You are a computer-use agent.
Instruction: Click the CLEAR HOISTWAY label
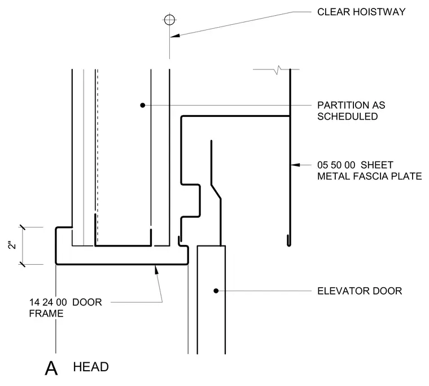coord(361,12)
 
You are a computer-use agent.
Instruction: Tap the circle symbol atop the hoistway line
coord(170,20)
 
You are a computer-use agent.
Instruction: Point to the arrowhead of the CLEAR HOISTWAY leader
coord(175,36)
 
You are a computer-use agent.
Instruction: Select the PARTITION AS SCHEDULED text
coord(351,111)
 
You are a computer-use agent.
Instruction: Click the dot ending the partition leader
coord(143,105)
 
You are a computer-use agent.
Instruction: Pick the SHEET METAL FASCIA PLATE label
coord(369,170)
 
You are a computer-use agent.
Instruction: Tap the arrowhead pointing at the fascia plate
coord(295,165)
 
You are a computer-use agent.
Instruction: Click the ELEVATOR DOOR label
coord(360,291)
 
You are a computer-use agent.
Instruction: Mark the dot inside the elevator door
coord(216,291)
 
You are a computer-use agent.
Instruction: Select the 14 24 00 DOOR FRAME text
coord(65,308)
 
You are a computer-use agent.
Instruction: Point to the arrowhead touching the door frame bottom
coord(156,269)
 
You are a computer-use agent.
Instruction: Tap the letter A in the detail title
coord(51,368)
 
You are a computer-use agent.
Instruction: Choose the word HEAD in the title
coord(91,367)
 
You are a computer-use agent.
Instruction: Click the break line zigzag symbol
coord(278,70)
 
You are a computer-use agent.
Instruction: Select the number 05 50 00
coord(336,165)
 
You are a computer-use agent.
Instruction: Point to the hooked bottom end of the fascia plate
coord(289,241)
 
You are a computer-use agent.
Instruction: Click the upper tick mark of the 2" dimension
coord(22,227)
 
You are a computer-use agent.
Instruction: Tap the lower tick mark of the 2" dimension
coord(22,264)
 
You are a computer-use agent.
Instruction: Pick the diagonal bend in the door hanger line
coord(216,192)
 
